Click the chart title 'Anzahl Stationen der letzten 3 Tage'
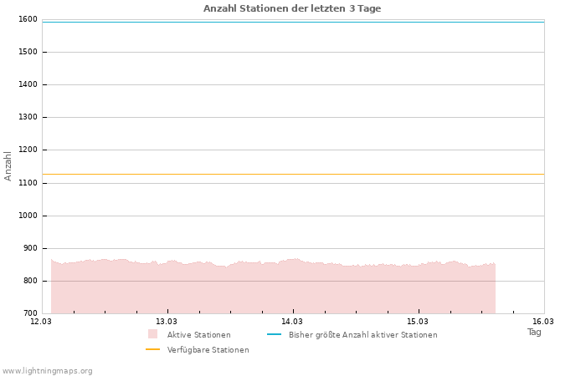click(x=292, y=8)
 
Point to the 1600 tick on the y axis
click(x=27, y=19)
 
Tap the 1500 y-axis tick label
click(x=27, y=52)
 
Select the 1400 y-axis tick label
click(x=27, y=84)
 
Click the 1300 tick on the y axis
click(x=27, y=117)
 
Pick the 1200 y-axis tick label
click(x=27, y=150)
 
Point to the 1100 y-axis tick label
click(x=27, y=183)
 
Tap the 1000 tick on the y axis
click(x=27, y=216)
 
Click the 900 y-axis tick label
click(x=29, y=248)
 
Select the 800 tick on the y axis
click(x=29, y=281)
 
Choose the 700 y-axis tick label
click(x=29, y=313)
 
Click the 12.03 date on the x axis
click(x=41, y=321)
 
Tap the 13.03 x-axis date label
click(x=167, y=321)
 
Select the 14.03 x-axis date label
click(x=292, y=321)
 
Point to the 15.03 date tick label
click(x=418, y=321)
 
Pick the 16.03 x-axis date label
click(x=543, y=321)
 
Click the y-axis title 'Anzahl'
click(x=8, y=165)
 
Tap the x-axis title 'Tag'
click(x=534, y=332)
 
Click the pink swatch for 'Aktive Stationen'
click(x=152, y=334)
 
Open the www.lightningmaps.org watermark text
click(x=48, y=371)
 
